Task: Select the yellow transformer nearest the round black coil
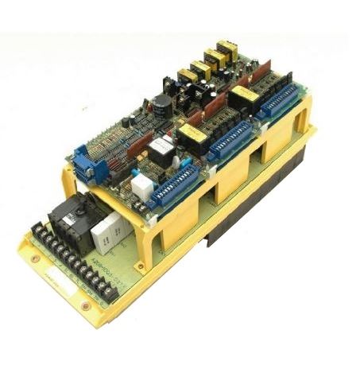click(x=188, y=77)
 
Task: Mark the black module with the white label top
click(x=162, y=149)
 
